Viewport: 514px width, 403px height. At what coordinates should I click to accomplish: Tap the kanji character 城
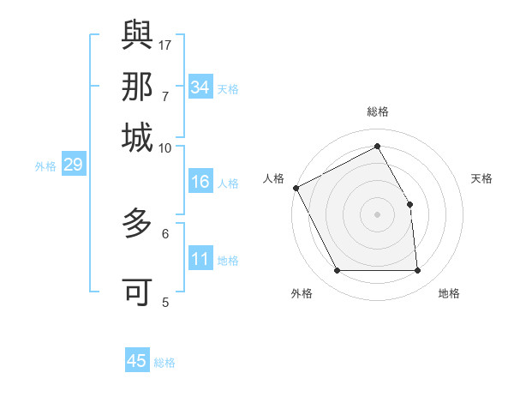pos(137,136)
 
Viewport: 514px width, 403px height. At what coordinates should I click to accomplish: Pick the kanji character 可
pos(137,292)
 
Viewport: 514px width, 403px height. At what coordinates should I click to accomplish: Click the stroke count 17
pos(165,44)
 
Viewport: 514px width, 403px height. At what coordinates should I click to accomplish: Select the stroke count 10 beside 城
pos(165,147)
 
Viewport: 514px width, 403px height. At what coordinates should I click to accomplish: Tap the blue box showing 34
pos(200,87)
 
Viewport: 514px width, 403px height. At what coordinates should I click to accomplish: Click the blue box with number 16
pos(200,182)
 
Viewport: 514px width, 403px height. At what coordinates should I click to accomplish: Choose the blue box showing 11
pos(200,259)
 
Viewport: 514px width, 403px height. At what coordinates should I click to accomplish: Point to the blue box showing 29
pos(73,165)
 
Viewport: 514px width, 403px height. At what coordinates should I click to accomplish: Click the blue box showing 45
pos(137,361)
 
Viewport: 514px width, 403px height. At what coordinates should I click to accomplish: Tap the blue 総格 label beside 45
pos(164,363)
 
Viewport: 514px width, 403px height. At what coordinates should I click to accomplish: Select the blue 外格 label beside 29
pos(45,166)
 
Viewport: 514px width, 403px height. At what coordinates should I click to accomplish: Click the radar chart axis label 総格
pos(378,111)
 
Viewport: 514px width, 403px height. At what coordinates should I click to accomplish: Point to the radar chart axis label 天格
pos(482,178)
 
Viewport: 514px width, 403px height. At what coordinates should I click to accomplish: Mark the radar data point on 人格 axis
pos(296,188)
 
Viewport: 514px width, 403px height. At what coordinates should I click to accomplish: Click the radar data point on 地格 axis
pos(418,271)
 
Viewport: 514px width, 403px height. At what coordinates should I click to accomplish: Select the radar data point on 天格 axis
pos(409,204)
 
